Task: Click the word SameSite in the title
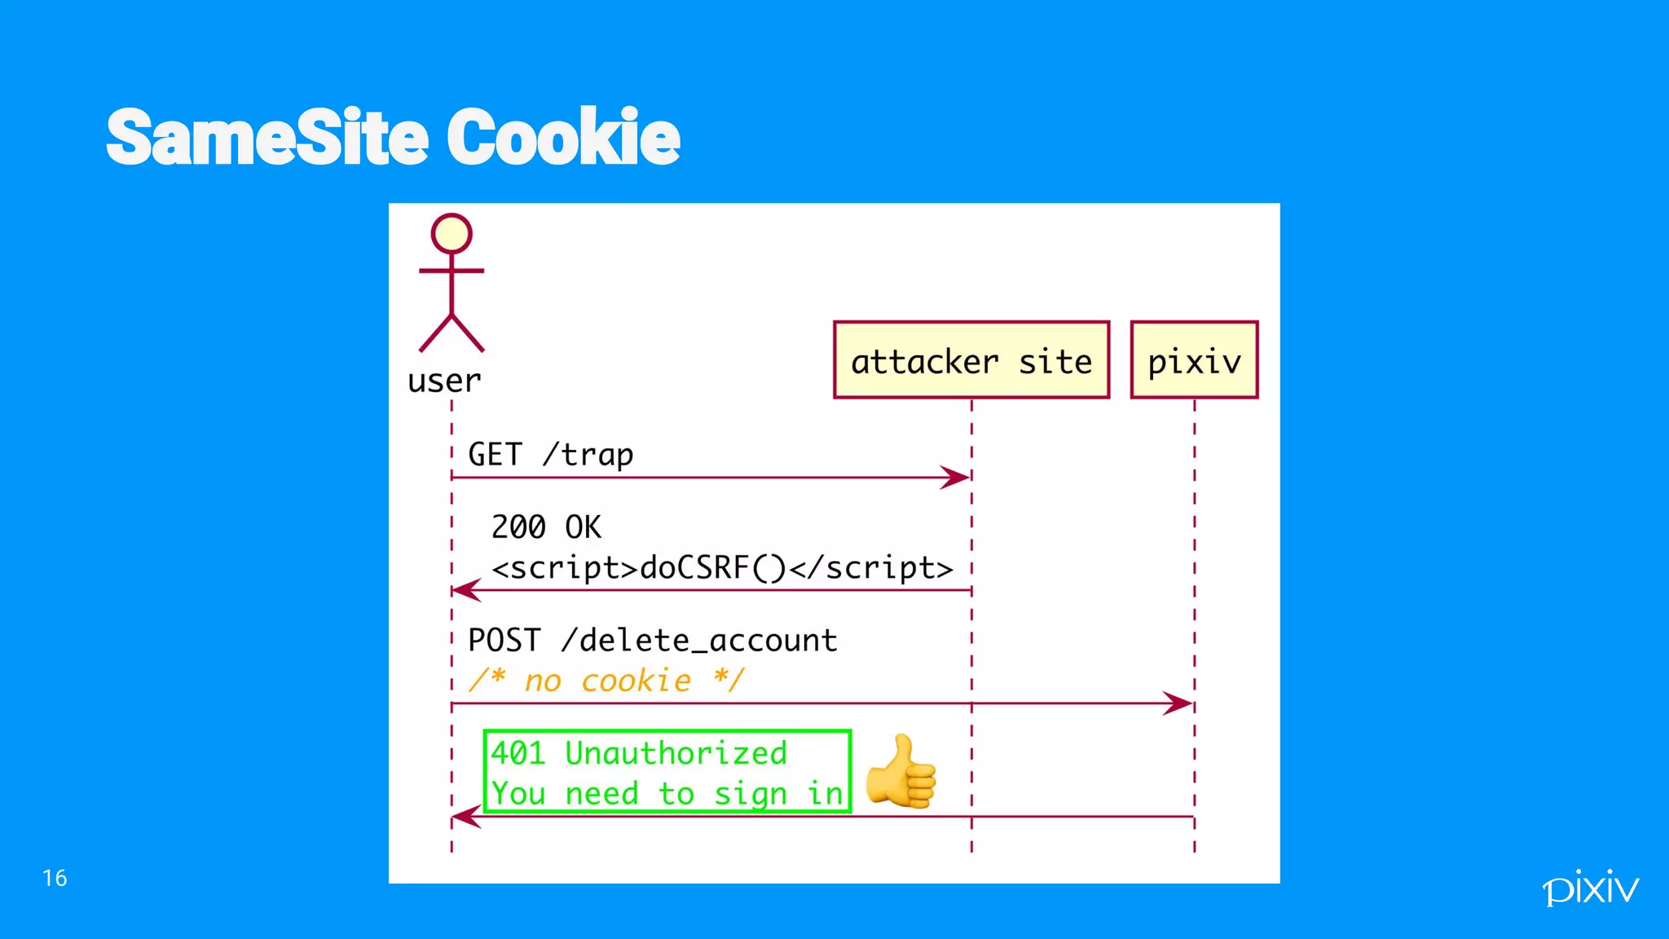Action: (x=266, y=137)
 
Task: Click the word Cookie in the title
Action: (x=563, y=137)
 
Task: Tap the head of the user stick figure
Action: (x=451, y=234)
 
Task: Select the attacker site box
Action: (x=971, y=360)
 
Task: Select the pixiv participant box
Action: (x=1194, y=360)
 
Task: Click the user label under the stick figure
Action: (x=444, y=381)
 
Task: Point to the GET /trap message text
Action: (x=550, y=454)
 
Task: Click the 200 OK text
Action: (x=546, y=527)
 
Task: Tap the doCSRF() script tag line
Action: (x=722, y=567)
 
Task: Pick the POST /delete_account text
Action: (x=652, y=640)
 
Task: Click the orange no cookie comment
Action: (x=606, y=680)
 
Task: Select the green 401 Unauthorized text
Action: (x=639, y=752)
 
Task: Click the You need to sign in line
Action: (x=667, y=793)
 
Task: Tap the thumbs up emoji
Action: (x=901, y=771)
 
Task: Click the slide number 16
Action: (x=55, y=878)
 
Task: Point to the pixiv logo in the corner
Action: (x=1590, y=887)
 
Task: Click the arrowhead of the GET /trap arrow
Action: (x=957, y=478)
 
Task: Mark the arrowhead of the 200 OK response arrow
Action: (x=465, y=590)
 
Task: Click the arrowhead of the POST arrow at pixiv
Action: (x=1179, y=703)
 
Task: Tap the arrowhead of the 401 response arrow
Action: (x=465, y=816)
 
